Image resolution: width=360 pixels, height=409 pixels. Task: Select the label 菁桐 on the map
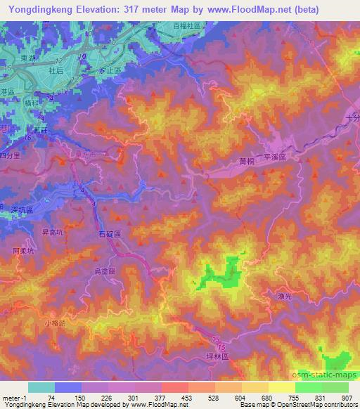[246, 160]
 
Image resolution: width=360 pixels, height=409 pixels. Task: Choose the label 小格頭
[54, 323]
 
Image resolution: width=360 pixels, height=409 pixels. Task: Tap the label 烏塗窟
[113, 269]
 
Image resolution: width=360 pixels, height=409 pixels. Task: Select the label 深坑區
[22, 209]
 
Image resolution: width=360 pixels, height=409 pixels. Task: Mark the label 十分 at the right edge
[352, 119]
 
